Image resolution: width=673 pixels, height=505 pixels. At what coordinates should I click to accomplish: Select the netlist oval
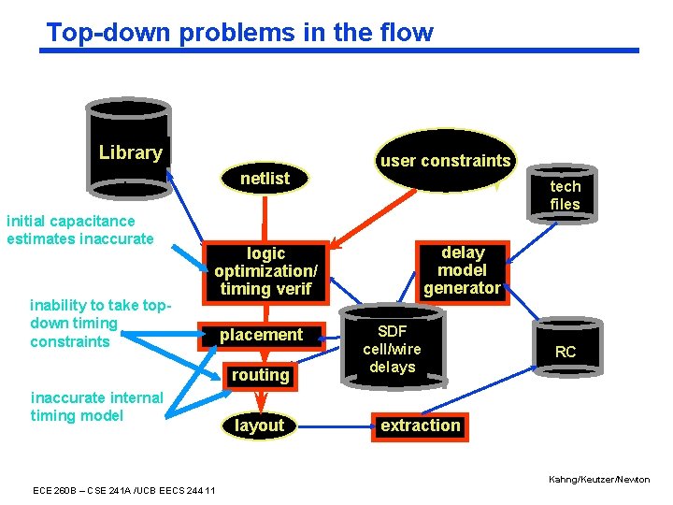(x=265, y=178)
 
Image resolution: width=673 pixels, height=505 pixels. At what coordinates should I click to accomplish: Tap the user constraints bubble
(x=445, y=161)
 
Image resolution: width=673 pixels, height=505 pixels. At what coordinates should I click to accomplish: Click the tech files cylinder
(x=564, y=195)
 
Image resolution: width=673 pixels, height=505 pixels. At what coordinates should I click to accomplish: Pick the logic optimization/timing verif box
(x=265, y=271)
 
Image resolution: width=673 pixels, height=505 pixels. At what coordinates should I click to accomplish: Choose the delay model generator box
(x=463, y=270)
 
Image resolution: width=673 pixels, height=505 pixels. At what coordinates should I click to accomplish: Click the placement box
(x=261, y=335)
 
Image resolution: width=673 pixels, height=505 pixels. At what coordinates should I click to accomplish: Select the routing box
(x=261, y=375)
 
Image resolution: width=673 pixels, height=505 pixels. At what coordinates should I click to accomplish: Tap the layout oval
(x=259, y=426)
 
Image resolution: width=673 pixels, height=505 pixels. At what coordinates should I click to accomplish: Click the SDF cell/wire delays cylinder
(x=393, y=349)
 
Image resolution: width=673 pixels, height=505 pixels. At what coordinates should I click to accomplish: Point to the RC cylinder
(x=565, y=352)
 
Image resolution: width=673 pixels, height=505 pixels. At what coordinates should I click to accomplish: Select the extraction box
(x=420, y=426)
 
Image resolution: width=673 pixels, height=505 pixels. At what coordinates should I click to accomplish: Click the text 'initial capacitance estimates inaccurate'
(x=79, y=230)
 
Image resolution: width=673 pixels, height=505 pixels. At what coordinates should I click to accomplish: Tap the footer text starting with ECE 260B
(x=123, y=490)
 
